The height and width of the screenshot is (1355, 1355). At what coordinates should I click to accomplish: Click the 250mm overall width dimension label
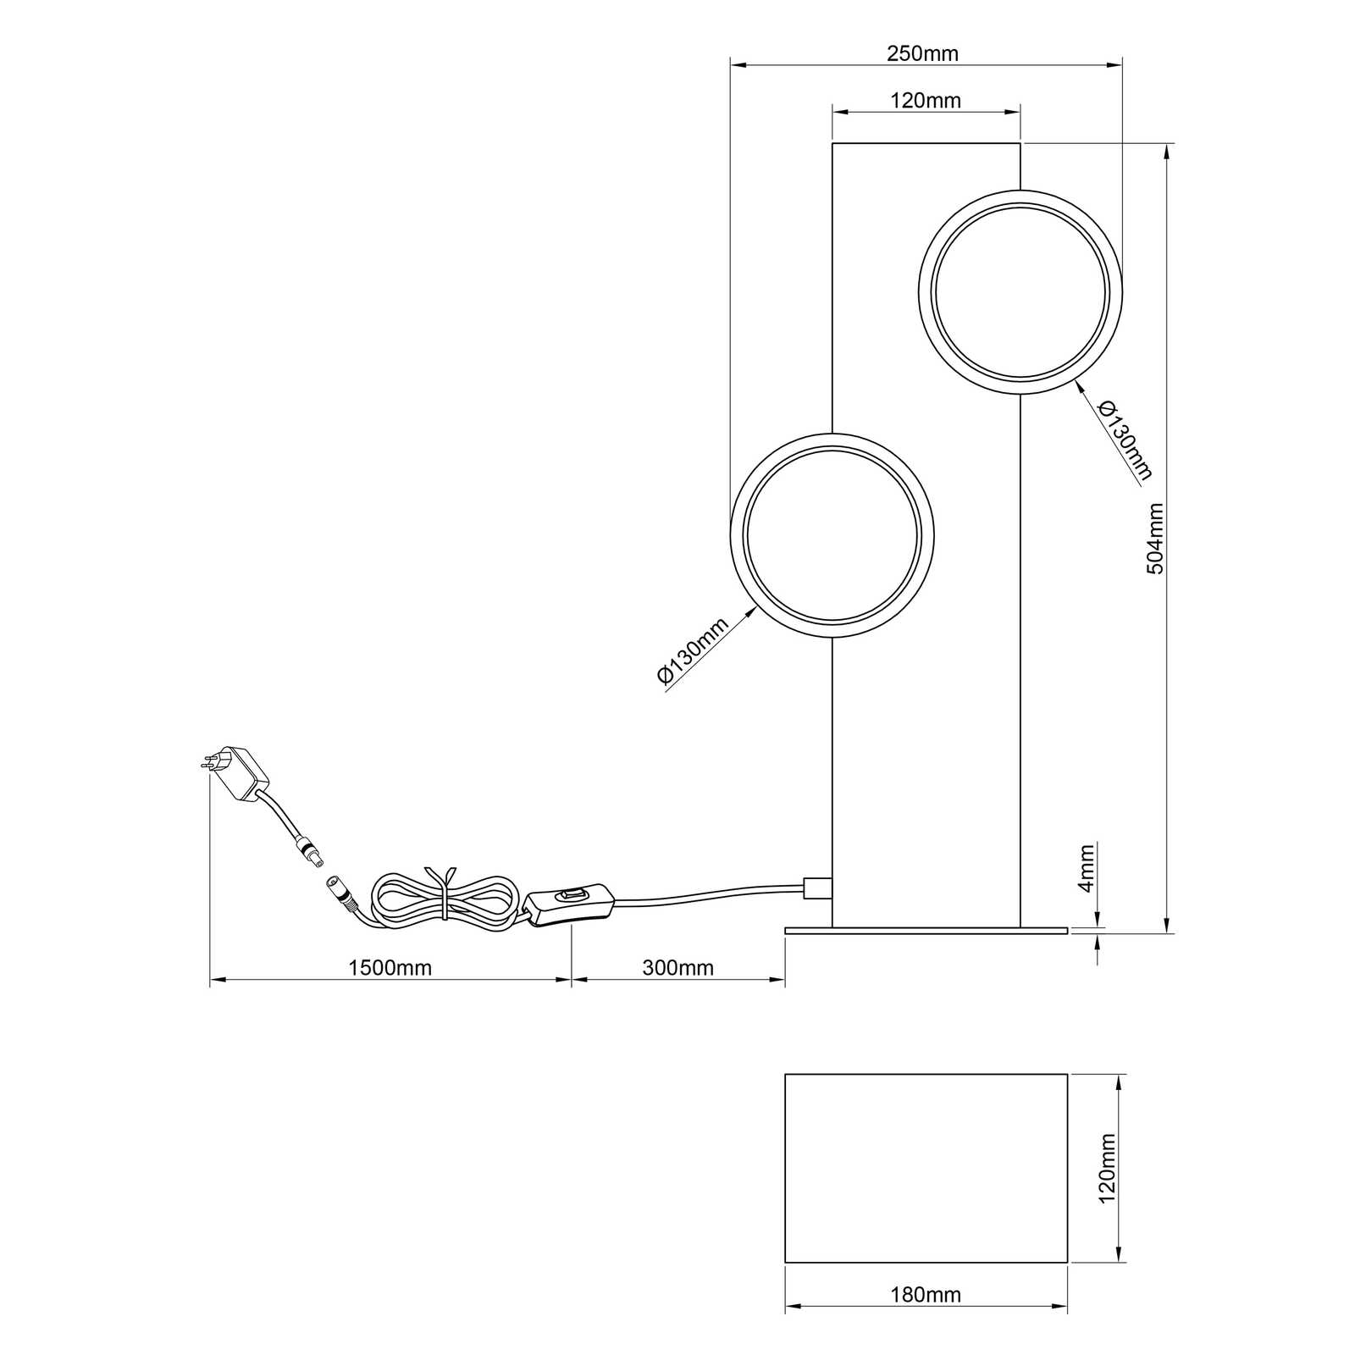click(922, 53)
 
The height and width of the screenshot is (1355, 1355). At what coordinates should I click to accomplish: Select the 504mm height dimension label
click(1155, 539)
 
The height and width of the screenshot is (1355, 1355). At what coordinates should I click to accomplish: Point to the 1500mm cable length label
click(390, 967)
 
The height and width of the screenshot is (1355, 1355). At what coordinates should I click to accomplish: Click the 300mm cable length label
click(677, 967)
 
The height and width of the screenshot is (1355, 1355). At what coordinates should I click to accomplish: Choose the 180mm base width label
click(926, 1295)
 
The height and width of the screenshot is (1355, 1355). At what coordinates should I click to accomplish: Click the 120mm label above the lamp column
click(926, 101)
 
